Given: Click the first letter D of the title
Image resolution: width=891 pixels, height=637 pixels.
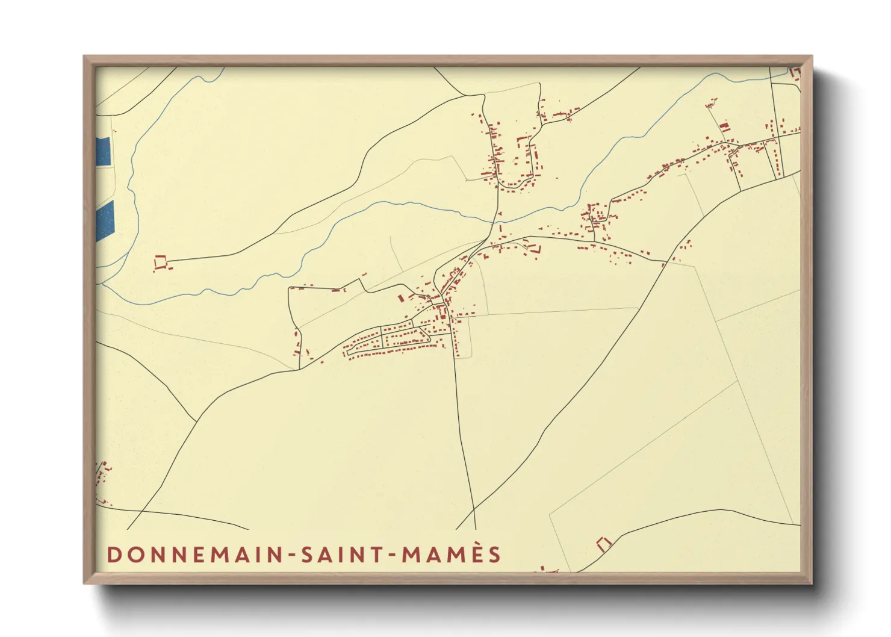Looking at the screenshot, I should [x=113, y=555].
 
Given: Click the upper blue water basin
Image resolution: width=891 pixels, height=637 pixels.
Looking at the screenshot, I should [x=103, y=152].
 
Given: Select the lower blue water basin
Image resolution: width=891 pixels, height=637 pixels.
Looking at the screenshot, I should [x=105, y=220].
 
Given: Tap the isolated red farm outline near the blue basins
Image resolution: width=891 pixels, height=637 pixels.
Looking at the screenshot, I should [x=160, y=262].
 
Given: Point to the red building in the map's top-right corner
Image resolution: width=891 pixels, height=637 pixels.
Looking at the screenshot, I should [x=795, y=73].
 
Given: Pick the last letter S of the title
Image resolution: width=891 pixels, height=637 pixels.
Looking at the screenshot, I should [x=495, y=555].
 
